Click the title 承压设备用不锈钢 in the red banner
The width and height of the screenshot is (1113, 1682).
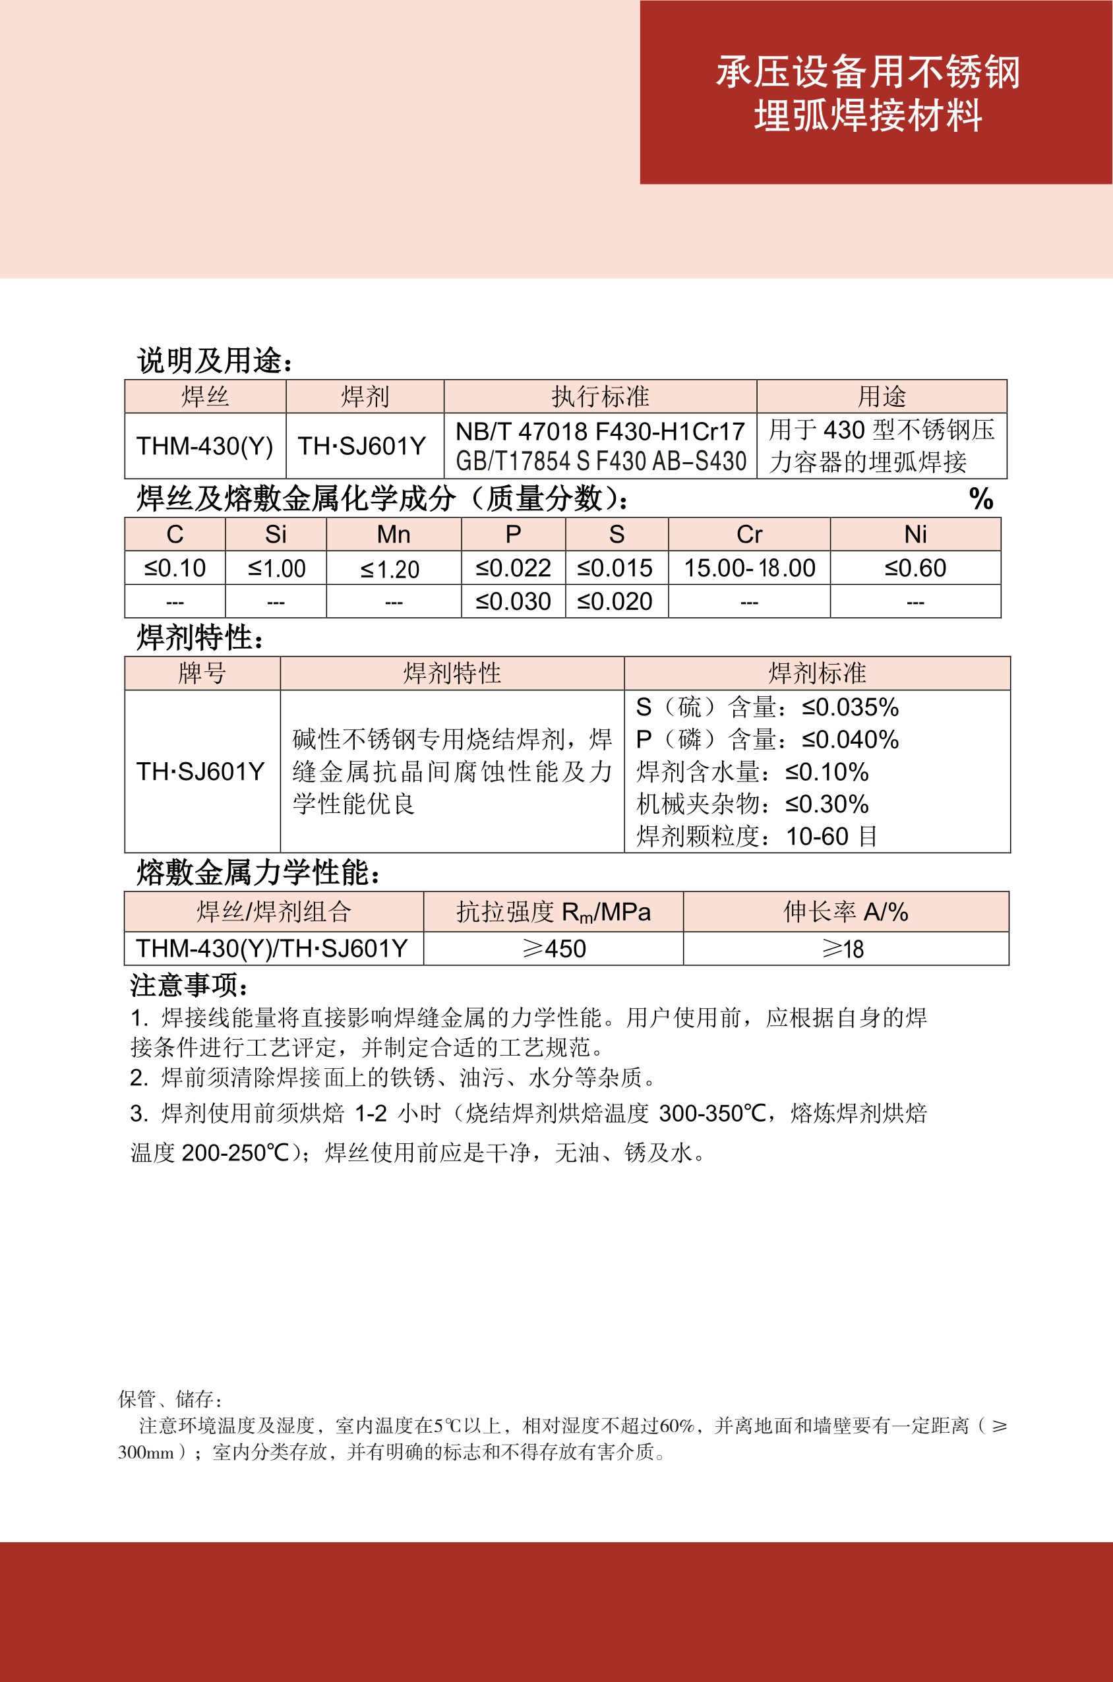coord(868,73)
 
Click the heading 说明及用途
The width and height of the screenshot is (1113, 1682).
coord(214,361)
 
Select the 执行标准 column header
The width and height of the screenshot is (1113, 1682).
coord(600,397)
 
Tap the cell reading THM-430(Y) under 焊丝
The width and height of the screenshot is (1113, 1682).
coord(204,446)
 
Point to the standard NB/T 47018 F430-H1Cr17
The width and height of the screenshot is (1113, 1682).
coord(600,431)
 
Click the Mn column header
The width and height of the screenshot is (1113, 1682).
coord(393,535)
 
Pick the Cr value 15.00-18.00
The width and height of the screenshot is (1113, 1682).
coord(749,568)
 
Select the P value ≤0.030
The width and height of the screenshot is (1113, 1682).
coord(512,601)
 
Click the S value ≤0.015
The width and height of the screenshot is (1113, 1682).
coord(615,568)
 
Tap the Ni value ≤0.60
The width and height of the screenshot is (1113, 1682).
coord(915,568)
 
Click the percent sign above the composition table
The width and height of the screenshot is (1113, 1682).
coord(981,498)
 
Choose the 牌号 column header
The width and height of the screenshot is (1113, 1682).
coord(202,673)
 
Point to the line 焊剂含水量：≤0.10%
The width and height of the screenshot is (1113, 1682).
coord(752,771)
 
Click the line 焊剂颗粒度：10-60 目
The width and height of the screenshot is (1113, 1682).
coord(756,836)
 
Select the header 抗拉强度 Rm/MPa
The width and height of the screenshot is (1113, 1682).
coord(553,912)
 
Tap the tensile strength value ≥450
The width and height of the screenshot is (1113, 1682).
coord(554,949)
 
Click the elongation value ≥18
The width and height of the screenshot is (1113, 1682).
coord(843,949)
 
